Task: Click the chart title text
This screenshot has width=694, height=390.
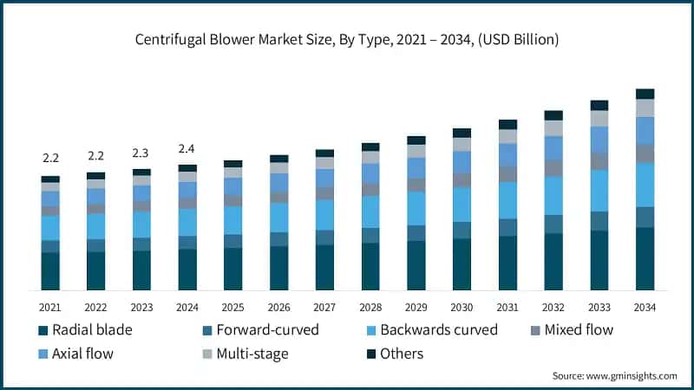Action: tap(347, 39)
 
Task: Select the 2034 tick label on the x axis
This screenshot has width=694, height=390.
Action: tap(645, 308)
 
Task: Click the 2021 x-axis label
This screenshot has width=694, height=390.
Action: tap(50, 308)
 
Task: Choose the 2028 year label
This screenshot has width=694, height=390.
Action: tap(370, 308)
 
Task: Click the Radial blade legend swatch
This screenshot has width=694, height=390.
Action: tap(43, 330)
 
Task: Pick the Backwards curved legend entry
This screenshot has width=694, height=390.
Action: tap(438, 330)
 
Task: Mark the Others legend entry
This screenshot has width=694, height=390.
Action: tap(395, 354)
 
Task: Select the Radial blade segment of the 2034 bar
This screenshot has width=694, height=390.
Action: tap(645, 258)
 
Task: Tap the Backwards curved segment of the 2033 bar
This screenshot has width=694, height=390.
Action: tap(599, 191)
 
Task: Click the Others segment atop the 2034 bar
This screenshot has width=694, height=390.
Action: tap(645, 94)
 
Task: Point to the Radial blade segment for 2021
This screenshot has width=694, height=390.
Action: tap(50, 271)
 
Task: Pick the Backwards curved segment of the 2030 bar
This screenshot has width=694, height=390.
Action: tap(462, 205)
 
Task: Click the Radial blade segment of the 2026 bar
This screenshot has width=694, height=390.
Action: tap(278, 268)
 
